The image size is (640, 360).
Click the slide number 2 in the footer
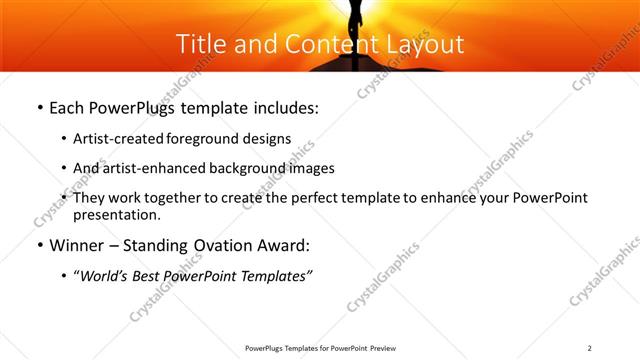pyautogui.click(x=590, y=348)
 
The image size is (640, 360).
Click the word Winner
pyautogui.click(x=78, y=244)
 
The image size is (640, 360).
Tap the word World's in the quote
pyautogui.click(x=106, y=275)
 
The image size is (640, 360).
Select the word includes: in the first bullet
pyautogui.click(x=283, y=107)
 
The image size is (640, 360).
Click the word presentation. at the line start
pyautogui.click(x=115, y=215)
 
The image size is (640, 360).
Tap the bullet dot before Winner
pyautogui.click(x=38, y=245)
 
